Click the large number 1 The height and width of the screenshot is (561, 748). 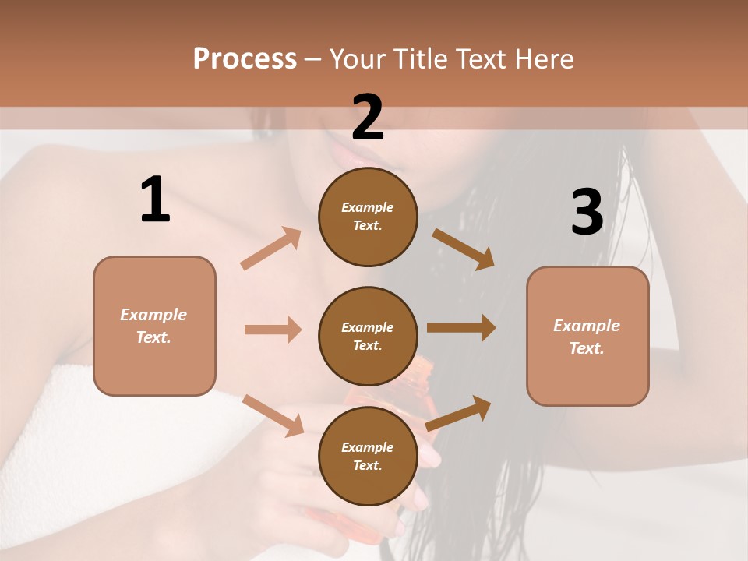155,199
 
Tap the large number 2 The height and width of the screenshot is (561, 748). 368,118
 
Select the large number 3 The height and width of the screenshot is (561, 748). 587,213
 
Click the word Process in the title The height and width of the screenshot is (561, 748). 245,58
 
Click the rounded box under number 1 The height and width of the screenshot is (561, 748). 154,326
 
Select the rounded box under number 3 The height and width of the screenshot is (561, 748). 587,337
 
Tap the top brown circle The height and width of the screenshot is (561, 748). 368,217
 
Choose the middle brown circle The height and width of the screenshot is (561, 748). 368,336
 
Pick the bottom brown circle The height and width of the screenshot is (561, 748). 368,456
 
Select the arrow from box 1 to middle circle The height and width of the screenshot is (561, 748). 273,330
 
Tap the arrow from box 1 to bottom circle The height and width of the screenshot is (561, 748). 273,415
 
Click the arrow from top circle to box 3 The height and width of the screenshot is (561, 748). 463,249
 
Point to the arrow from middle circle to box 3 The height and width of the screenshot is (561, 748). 461,328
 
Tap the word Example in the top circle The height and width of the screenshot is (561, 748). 368,207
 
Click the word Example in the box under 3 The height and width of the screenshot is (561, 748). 587,326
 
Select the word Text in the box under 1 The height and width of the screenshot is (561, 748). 153,337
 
